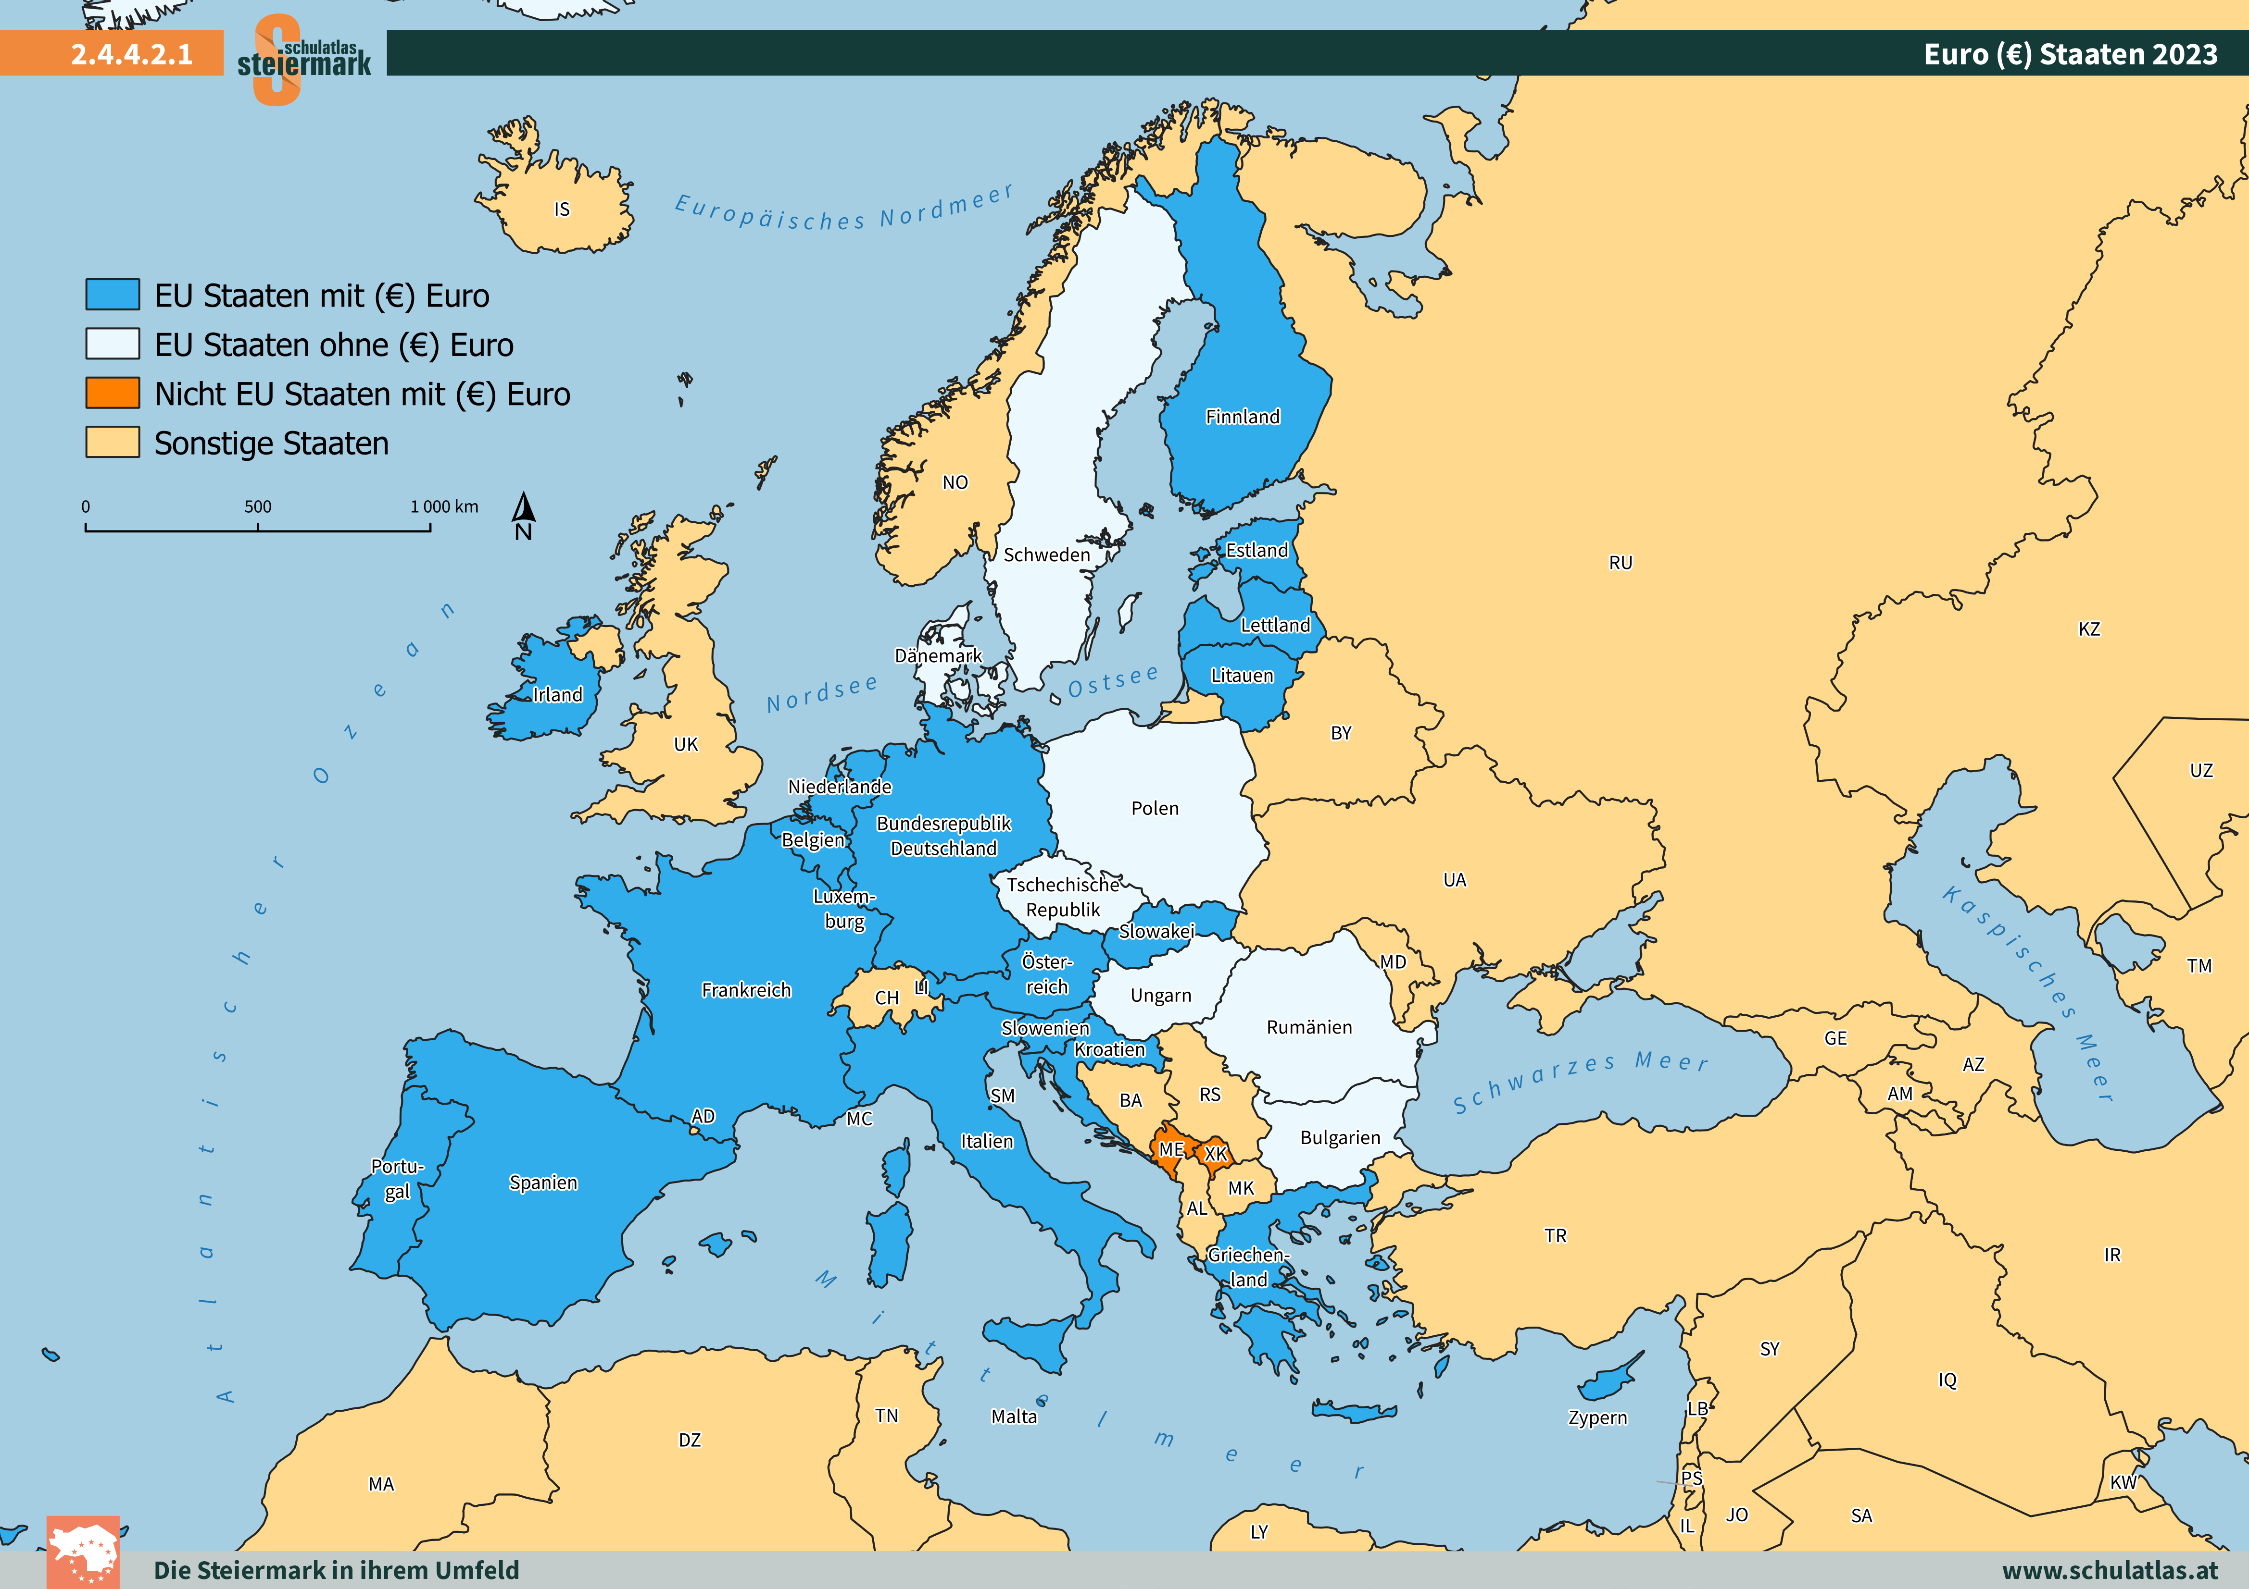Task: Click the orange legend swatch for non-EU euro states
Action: (x=113, y=393)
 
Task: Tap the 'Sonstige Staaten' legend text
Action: (x=271, y=443)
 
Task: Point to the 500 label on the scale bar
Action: (x=258, y=506)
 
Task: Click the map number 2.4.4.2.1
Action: (x=131, y=54)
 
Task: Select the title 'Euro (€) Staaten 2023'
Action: (x=2070, y=54)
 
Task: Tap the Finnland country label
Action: (x=1242, y=417)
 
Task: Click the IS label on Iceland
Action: (x=561, y=209)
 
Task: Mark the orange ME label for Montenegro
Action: (x=1170, y=1149)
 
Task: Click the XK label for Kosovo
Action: (x=1216, y=1154)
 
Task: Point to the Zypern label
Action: (x=1597, y=1417)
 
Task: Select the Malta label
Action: (x=1014, y=1417)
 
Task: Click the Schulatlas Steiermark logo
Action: (x=303, y=59)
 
